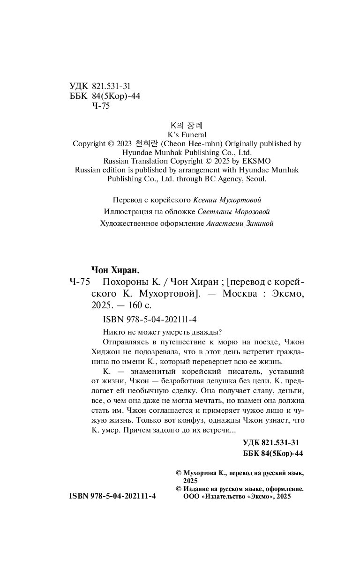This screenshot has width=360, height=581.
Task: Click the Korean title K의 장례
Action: coord(187,126)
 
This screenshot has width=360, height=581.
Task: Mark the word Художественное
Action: coord(128,223)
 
